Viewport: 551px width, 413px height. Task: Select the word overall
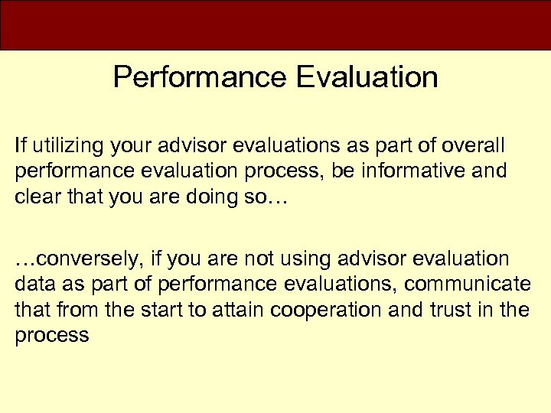480,145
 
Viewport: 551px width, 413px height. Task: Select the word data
31,284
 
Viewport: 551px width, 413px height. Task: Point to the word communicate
468,284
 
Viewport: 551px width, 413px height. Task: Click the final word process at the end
51,334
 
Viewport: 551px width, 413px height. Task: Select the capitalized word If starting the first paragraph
19,145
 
